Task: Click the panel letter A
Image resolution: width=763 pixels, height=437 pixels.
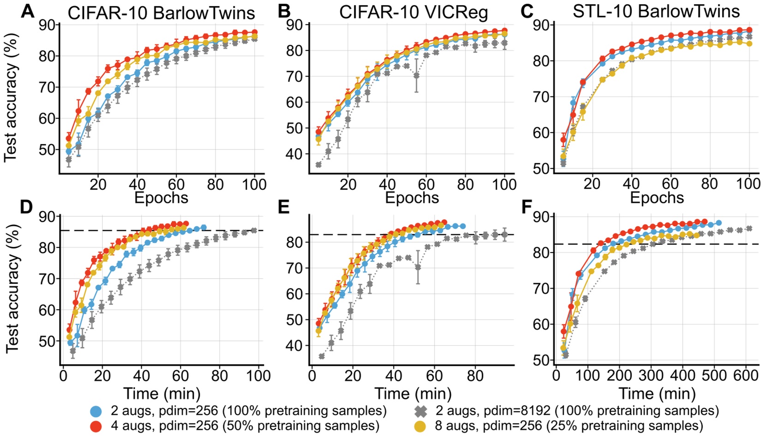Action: pos(27,11)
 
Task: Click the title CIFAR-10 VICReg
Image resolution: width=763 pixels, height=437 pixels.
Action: pos(413,12)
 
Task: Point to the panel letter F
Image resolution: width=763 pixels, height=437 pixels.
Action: pos(526,207)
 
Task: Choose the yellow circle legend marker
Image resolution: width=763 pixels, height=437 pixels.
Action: pos(420,425)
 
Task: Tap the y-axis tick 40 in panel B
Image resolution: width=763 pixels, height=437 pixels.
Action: pos(294,154)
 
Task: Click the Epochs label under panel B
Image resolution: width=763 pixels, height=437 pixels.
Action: pos(412,198)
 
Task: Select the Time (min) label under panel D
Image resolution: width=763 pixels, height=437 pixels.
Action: pos(161,394)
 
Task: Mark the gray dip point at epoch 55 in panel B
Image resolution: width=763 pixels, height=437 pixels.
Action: pos(417,75)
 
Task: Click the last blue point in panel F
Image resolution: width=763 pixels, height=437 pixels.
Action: pos(718,223)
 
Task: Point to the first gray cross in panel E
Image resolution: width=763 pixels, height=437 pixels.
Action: pos(322,356)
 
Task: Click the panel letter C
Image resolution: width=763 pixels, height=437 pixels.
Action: pos(527,11)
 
